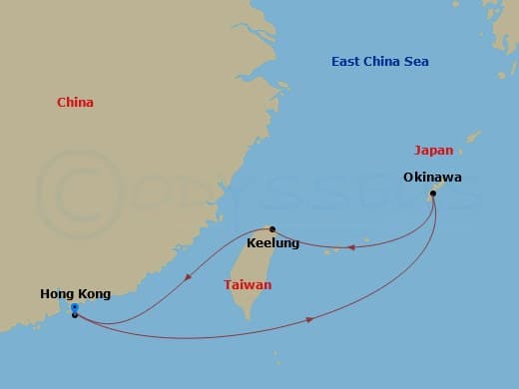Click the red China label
tap(76, 102)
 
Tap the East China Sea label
tap(380, 62)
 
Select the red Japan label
tap(433, 151)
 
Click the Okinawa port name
tap(432, 178)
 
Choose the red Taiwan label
tap(248, 284)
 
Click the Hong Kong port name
tap(75, 293)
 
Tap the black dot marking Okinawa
tap(432, 193)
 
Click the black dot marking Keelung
tap(272, 228)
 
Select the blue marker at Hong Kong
tap(75, 307)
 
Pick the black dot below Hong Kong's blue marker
tap(75, 315)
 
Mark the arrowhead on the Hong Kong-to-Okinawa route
tap(311, 319)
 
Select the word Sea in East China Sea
tap(416, 62)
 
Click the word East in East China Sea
tap(346, 62)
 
